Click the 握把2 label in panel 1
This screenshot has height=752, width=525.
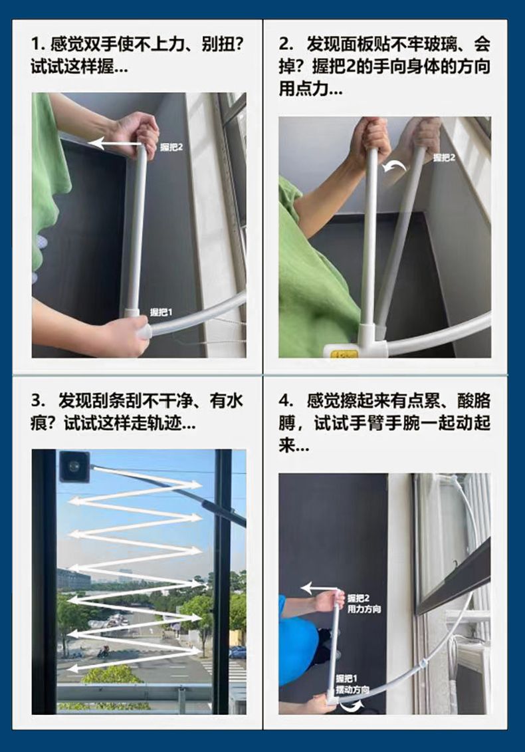171,147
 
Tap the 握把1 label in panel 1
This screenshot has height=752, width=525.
161,313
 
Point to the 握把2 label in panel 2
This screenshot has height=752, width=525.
444,158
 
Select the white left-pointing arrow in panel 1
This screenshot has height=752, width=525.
114,142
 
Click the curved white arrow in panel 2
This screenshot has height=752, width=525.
394,166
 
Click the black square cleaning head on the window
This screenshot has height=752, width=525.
74,465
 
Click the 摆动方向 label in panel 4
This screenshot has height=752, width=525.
352,689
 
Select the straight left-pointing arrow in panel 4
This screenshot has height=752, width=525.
320,588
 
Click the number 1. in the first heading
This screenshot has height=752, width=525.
37,45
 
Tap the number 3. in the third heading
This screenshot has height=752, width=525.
37,400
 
